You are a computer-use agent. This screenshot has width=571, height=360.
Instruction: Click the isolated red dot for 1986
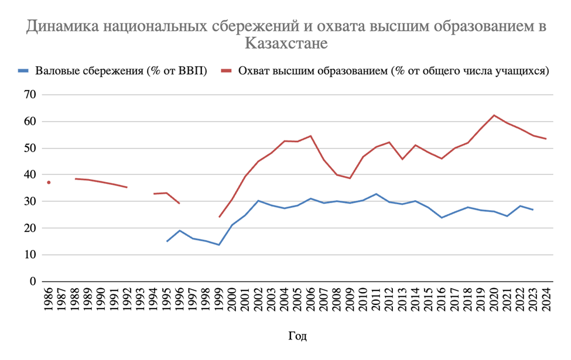pyautogui.click(x=49, y=183)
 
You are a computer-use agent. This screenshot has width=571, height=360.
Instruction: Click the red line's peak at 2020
pyautogui.click(x=494, y=115)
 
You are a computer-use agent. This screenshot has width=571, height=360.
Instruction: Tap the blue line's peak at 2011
pyautogui.click(x=376, y=194)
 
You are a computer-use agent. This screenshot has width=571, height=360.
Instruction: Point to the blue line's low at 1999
pyautogui.click(x=219, y=245)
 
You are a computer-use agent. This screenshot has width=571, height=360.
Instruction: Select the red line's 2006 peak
pyautogui.click(x=310, y=136)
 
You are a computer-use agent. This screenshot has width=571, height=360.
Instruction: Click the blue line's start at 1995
pyautogui.click(x=167, y=241)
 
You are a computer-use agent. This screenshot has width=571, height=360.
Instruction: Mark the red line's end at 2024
pyautogui.click(x=546, y=139)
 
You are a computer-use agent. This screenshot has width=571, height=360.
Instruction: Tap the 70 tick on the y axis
pyautogui.click(x=29, y=95)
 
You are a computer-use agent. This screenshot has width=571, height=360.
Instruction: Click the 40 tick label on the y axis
pyautogui.click(x=29, y=175)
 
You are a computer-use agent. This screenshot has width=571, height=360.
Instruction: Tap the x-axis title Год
pyautogui.click(x=298, y=337)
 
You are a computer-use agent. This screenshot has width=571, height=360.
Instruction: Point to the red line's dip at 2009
pyautogui.click(x=350, y=178)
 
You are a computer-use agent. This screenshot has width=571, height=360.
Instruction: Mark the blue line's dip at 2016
pyautogui.click(x=441, y=218)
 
